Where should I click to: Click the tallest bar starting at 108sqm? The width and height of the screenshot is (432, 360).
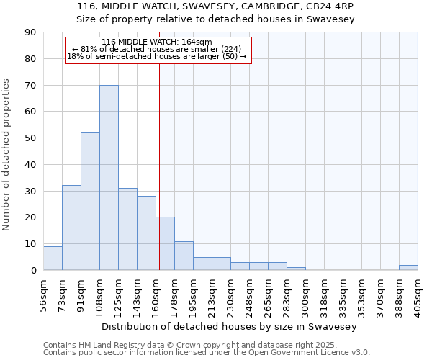tap(109, 178)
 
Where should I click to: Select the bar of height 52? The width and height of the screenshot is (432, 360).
tap(90, 202)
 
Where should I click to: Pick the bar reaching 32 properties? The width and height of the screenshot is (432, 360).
tap(71, 228)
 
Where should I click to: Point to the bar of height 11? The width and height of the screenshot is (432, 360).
tap(184, 256)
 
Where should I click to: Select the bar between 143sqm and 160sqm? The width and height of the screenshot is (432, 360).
tap(146, 233)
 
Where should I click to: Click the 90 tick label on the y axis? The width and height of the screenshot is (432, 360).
tap(30, 32)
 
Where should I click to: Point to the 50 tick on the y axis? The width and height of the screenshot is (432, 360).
tap(30, 138)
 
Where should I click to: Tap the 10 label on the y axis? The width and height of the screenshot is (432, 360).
tap(30, 244)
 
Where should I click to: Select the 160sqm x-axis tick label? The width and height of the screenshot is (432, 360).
tap(156, 294)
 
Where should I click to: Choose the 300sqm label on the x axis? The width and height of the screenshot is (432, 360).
tap(305, 294)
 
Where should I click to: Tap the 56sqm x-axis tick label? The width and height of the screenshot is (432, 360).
tap(43, 294)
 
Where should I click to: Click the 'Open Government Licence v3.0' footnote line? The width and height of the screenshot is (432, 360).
tap(207, 352)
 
